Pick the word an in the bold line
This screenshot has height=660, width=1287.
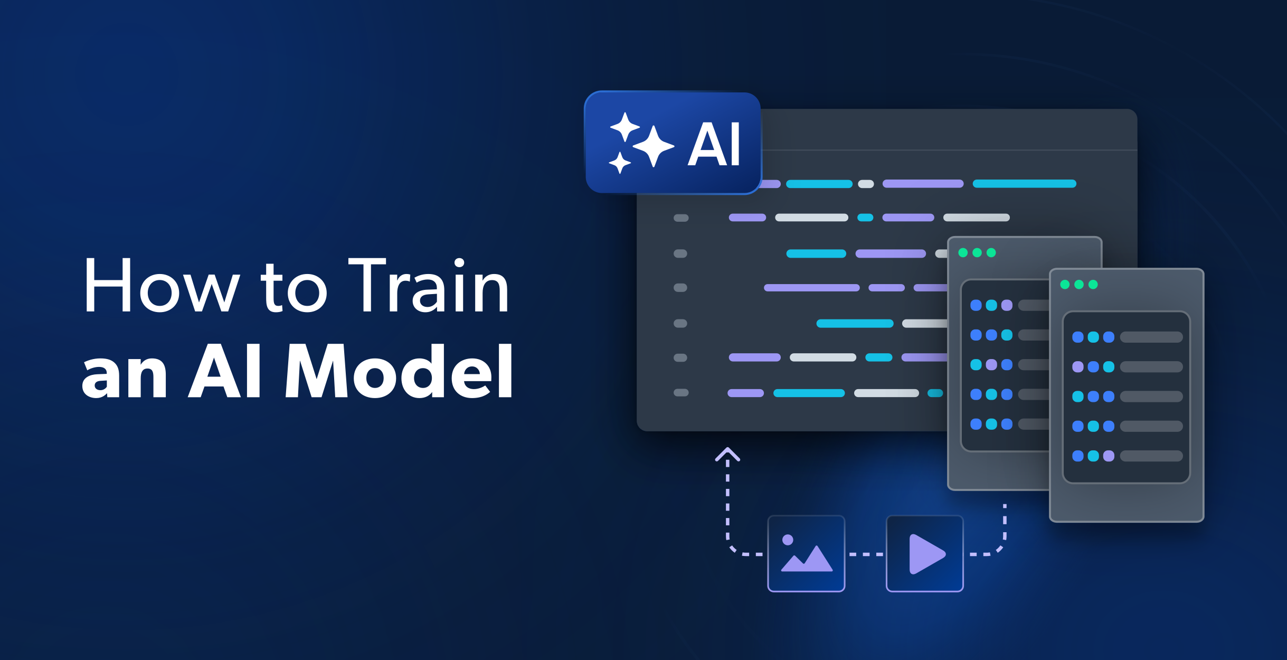pyautogui.click(x=125, y=376)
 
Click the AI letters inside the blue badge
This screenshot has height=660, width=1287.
pyautogui.click(x=714, y=144)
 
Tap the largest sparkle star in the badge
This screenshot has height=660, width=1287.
pyautogui.click(x=654, y=146)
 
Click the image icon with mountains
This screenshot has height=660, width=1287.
pyautogui.click(x=806, y=553)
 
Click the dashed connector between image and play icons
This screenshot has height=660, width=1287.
pyautogui.click(x=866, y=554)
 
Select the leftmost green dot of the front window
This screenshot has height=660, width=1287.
pyautogui.click(x=1065, y=285)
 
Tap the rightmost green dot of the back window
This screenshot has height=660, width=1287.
pyautogui.click(x=991, y=253)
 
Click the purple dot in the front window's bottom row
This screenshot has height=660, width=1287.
pyautogui.click(x=1109, y=456)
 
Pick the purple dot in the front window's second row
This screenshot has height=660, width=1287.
pyautogui.click(x=1078, y=367)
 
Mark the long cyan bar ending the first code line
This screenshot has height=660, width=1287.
pyautogui.click(x=1024, y=184)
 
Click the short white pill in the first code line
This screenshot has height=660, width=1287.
pyautogui.click(x=866, y=184)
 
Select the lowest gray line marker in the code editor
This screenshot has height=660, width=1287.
pyautogui.click(x=681, y=392)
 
